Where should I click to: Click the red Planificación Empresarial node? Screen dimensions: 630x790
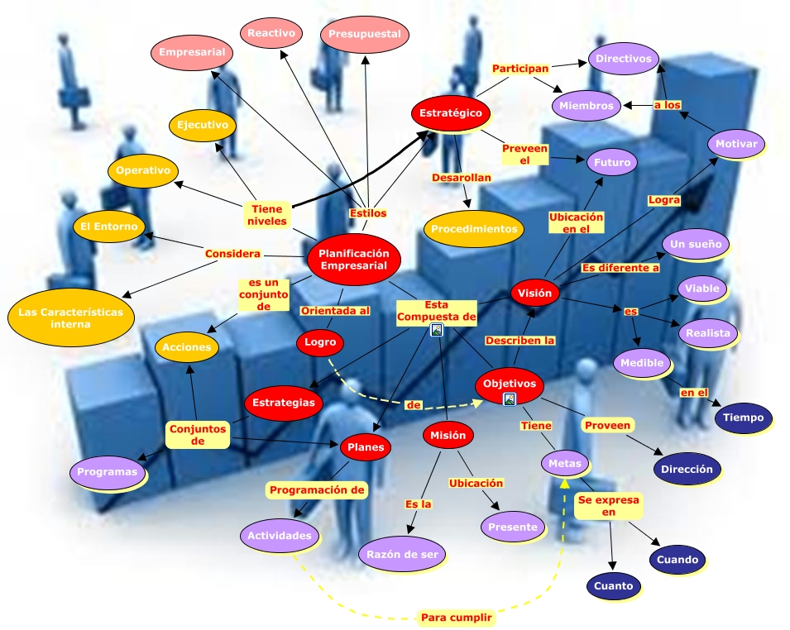click(353, 259)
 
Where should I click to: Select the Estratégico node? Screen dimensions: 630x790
click(451, 113)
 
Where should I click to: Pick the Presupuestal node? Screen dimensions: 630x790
click(364, 34)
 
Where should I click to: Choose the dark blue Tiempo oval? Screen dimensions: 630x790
click(743, 418)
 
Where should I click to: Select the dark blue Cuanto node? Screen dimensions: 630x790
click(613, 586)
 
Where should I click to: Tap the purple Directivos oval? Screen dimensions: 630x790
click(624, 59)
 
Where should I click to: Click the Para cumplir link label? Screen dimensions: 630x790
click(457, 618)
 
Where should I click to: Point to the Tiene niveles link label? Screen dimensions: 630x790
click(266, 215)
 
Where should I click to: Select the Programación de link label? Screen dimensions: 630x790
click(318, 489)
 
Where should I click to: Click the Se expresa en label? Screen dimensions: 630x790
click(608, 506)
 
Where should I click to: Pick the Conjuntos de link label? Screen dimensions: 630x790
click(197, 434)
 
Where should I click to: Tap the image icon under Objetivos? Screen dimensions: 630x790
click(510, 399)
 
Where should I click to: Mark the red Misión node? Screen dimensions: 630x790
click(448, 435)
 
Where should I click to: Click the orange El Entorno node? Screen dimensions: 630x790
click(109, 226)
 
